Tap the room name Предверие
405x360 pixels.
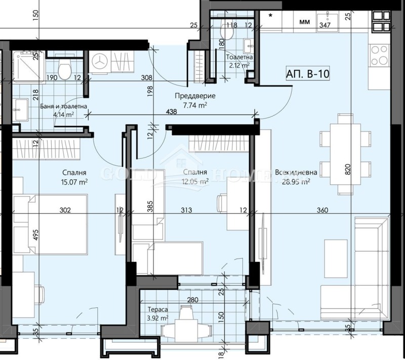pyautogui.click(x=195, y=96)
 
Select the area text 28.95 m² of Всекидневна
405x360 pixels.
pyautogui.click(x=296, y=181)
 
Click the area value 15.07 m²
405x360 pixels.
pyautogui.click(x=75, y=181)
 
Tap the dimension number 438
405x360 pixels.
pyautogui.click(x=171, y=113)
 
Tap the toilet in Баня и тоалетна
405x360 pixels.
pyautogui.click(x=64, y=71)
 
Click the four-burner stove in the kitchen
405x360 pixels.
pyautogui.click(x=378, y=56)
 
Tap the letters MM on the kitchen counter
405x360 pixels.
pyautogui.click(x=305, y=22)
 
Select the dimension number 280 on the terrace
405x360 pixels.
pyautogui.click(x=192, y=300)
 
